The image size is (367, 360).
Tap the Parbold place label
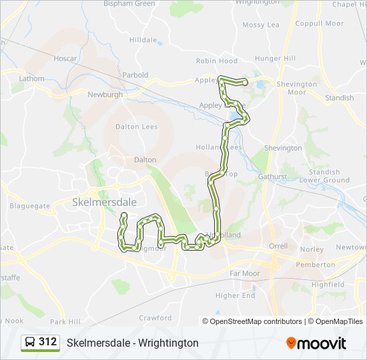click(x=135, y=75)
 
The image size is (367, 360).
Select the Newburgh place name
click(x=105, y=95)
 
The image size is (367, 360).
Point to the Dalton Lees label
click(x=137, y=127)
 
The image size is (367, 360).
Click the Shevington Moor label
click(x=297, y=88)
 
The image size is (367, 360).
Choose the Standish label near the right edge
click(x=339, y=98)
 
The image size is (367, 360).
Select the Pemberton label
click(x=317, y=265)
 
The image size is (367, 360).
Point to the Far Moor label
click(x=244, y=273)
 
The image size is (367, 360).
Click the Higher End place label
click(x=235, y=295)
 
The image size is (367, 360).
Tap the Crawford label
click(x=155, y=318)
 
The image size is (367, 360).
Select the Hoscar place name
click(x=65, y=59)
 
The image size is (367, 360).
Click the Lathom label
click(x=31, y=79)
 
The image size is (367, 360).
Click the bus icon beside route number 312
click(x=30, y=342)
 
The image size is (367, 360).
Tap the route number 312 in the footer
click(x=47, y=342)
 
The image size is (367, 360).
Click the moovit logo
click(x=316, y=343)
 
